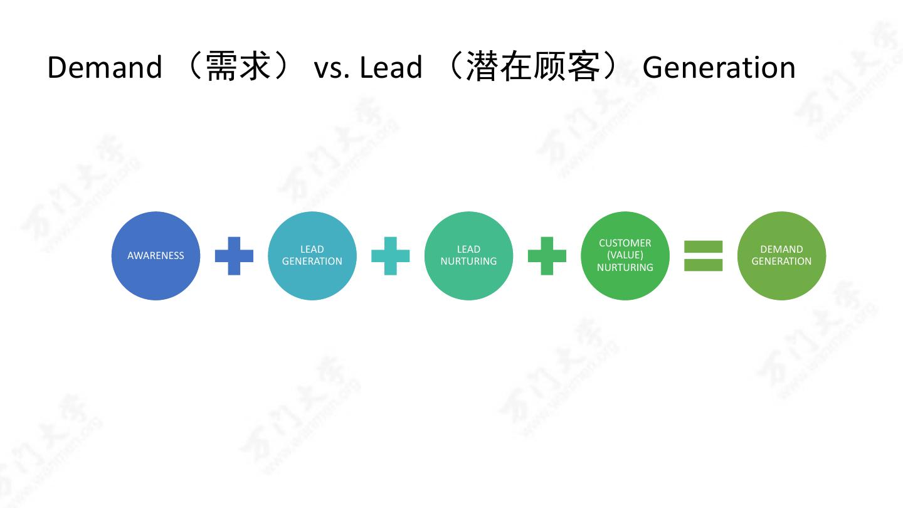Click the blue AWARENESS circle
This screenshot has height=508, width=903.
tap(156, 256)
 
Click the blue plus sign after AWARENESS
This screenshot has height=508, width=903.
tap(234, 256)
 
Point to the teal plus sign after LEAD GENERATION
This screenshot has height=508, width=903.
tap(390, 256)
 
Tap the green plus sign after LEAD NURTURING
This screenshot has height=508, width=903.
tap(547, 256)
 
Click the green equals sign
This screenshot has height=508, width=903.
tap(703, 256)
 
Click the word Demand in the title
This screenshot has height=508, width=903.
tap(104, 67)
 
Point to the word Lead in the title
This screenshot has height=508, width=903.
tap(391, 67)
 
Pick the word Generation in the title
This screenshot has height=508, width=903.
tap(719, 67)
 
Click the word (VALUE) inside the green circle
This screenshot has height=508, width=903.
tap(625, 255)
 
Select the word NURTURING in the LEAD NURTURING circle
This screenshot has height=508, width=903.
tap(468, 262)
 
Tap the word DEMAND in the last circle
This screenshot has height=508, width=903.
tap(781, 250)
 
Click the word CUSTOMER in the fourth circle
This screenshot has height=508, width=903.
tap(625, 243)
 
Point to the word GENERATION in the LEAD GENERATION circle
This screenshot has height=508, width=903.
tap(312, 262)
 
